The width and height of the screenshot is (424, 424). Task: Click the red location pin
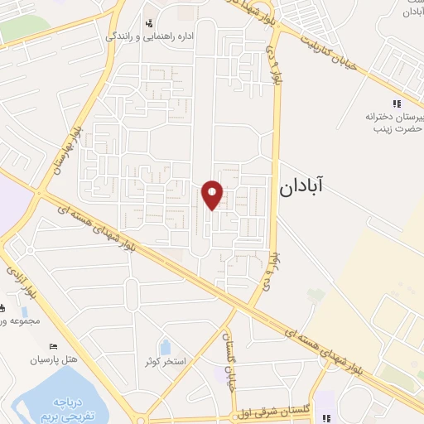(214, 195)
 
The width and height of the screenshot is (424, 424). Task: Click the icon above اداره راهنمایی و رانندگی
(149, 23)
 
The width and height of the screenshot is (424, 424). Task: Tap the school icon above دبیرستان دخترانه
(396, 104)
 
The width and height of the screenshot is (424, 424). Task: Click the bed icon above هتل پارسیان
(55, 346)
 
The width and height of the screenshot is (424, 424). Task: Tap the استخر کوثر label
(166, 362)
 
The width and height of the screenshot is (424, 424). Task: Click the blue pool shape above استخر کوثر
(165, 346)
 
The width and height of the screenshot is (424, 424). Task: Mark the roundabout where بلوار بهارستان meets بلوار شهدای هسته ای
(39, 194)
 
